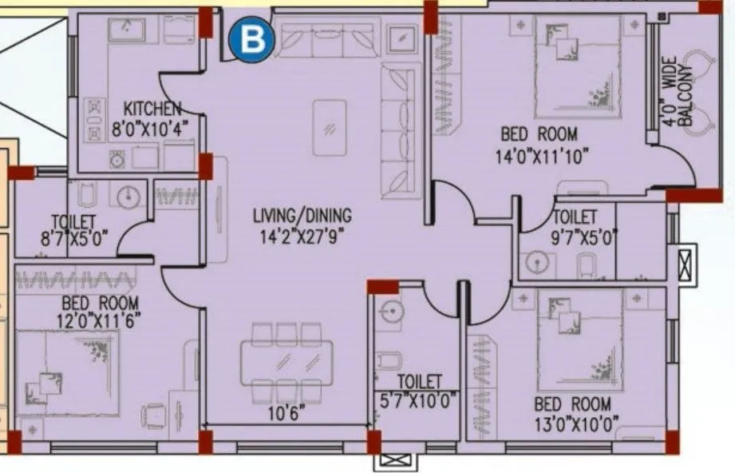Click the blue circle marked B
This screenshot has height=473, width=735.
pyautogui.click(x=251, y=40)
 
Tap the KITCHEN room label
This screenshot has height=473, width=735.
pyautogui.click(x=152, y=109)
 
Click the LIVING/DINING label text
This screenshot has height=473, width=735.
pyautogui.click(x=302, y=216)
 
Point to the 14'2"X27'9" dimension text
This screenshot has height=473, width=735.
pyautogui.click(x=302, y=235)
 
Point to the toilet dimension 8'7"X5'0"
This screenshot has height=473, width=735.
pyautogui.click(x=73, y=238)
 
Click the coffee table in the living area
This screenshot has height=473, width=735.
pyautogui.click(x=330, y=127)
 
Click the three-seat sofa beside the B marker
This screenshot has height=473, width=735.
pyautogui.click(x=326, y=40)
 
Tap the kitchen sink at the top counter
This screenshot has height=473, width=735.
pyautogui.click(x=127, y=30)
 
